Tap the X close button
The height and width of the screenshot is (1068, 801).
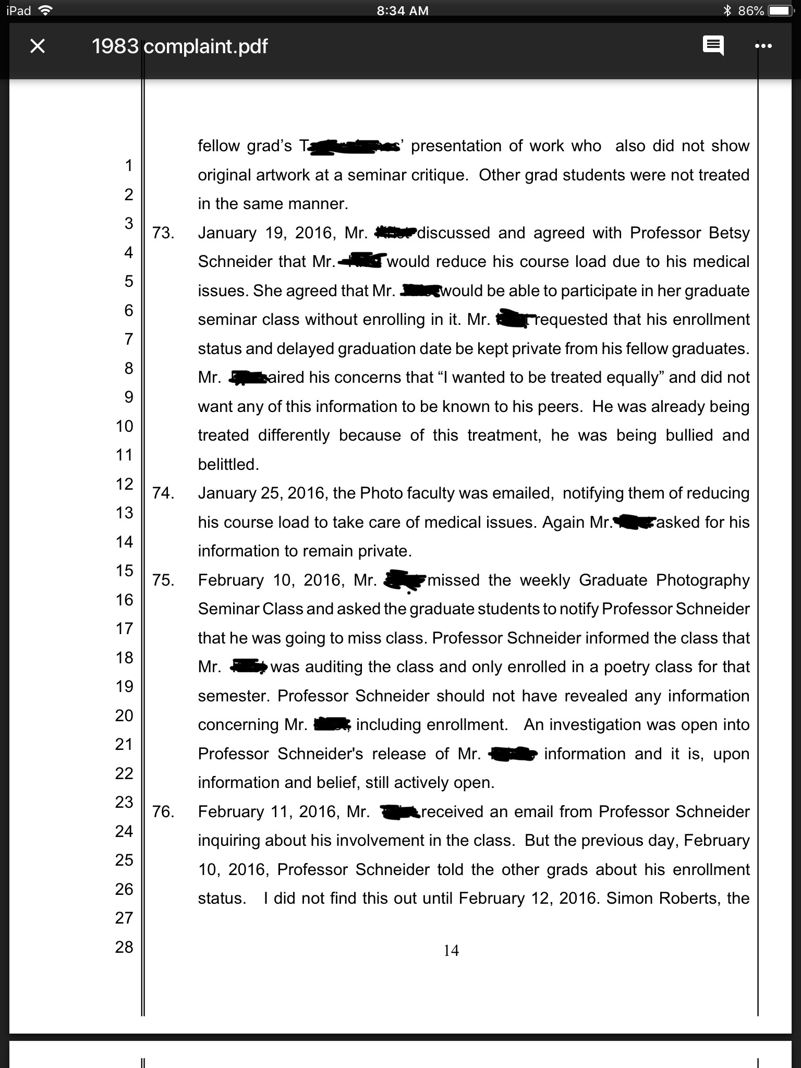38,46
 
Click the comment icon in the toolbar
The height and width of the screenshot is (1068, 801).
713,46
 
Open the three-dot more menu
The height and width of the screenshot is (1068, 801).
763,46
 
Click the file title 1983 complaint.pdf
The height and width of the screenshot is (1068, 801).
179,46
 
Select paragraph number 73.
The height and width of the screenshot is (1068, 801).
163,233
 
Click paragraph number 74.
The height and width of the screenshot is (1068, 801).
163,493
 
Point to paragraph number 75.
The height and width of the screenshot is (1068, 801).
163,580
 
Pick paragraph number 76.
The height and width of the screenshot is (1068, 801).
163,812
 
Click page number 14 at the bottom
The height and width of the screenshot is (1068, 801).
451,951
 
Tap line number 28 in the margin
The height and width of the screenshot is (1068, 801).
124,947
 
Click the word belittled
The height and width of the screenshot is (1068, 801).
228,465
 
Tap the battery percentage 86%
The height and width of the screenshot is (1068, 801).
751,11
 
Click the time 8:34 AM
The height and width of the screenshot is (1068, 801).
402,11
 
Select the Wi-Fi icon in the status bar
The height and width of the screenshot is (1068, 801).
46,11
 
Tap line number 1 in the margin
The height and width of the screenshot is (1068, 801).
128,166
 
